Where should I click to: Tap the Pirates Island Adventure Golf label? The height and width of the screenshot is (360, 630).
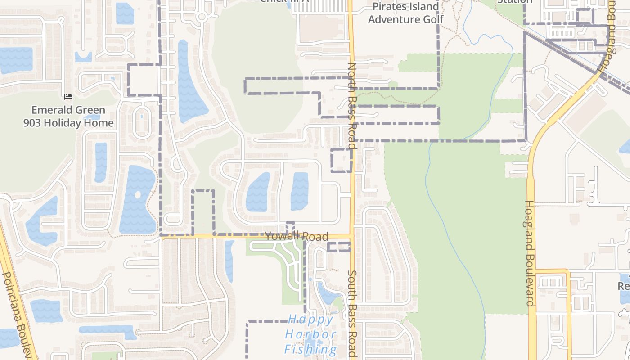pos(405,13)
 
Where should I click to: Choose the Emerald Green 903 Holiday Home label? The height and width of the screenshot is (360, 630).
pos(68,116)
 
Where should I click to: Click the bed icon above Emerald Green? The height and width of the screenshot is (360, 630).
pos(68,96)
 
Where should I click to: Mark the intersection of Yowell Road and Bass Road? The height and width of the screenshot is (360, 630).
pos(351,236)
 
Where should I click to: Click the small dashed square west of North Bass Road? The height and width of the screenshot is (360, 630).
pos(342,160)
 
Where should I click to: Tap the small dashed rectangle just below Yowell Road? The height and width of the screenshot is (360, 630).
pos(339,247)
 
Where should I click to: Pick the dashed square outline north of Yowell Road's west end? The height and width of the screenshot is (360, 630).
pos(203,211)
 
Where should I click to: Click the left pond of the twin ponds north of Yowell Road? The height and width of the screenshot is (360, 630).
pos(258,192)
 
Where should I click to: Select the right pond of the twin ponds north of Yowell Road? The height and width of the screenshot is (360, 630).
pos(300,191)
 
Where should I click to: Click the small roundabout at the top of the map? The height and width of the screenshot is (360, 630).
pos(202,17)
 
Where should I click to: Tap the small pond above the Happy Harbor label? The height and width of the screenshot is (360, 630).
pos(328,293)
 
